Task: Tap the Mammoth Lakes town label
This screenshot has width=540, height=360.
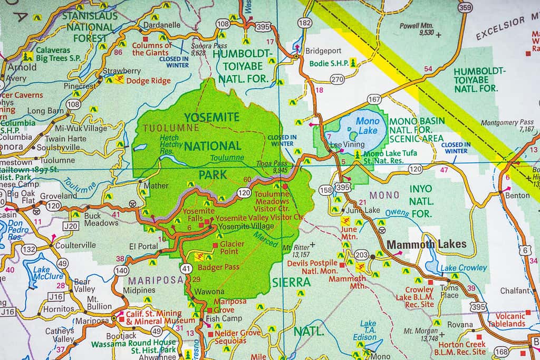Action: tap(427, 244)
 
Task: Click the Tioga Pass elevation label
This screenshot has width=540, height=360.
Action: tap(272, 167)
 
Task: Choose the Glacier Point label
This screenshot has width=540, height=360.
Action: tap(232, 248)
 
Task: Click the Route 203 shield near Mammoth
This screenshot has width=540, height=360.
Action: tap(361, 255)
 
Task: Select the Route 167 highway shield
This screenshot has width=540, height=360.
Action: tap(374, 99)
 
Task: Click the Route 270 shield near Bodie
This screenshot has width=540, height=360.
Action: tap(337, 80)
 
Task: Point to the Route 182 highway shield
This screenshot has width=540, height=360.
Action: tap(304, 22)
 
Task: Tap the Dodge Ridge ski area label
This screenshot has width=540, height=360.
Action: tap(148, 81)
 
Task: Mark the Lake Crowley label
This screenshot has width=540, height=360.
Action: tap(464, 268)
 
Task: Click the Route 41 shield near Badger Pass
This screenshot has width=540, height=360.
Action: tap(186, 268)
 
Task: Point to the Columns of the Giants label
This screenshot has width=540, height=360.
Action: tap(152, 49)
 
